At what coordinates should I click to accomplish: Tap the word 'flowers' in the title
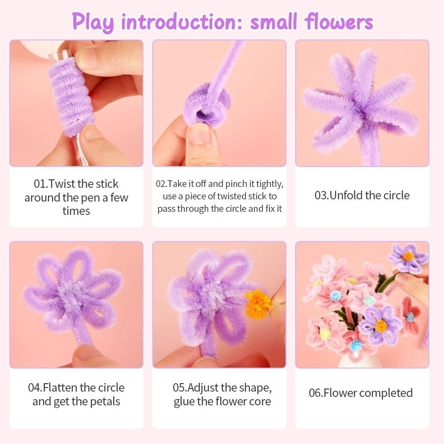(339, 21)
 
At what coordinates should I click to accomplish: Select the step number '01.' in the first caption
(41, 184)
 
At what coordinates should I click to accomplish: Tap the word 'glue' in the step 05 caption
(184, 401)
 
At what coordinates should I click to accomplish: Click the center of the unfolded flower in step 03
(361, 111)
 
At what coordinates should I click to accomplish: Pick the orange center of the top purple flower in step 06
(408, 256)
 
